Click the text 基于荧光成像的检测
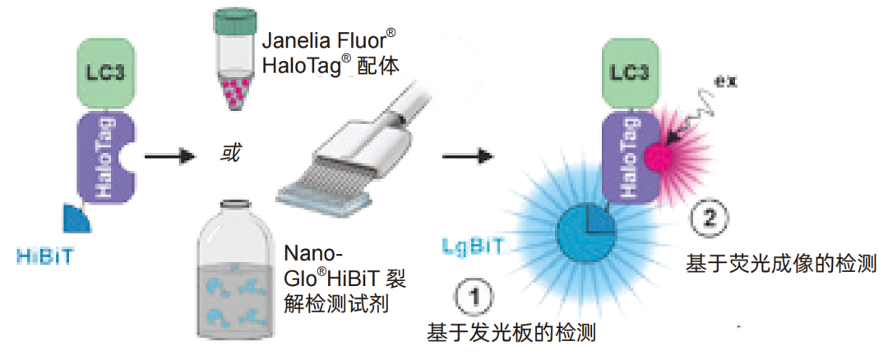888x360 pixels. [782, 265]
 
